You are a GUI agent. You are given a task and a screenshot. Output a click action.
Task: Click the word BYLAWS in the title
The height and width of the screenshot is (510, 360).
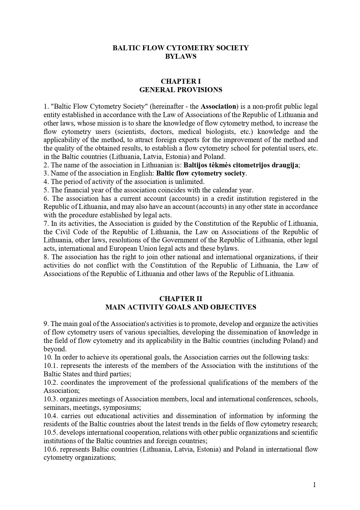pyautogui.click(x=181, y=56)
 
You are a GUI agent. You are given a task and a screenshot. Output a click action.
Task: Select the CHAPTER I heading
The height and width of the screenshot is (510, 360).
pyautogui.click(x=181, y=81)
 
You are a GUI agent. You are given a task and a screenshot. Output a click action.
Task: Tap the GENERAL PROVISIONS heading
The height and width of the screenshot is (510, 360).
pyautogui.click(x=181, y=90)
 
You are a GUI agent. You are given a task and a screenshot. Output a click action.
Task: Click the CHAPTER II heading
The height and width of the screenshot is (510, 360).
pyautogui.click(x=181, y=299)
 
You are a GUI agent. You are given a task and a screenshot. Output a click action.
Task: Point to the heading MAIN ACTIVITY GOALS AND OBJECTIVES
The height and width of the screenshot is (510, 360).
pyautogui.click(x=181, y=307)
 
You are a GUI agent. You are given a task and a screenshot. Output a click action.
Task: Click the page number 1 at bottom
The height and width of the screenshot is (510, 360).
pyautogui.click(x=314, y=484)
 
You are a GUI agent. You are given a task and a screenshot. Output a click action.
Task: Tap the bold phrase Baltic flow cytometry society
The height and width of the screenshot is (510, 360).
pyautogui.click(x=201, y=173)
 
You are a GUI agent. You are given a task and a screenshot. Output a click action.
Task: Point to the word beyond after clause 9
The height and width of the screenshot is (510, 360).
pyautogui.click(x=54, y=349)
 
